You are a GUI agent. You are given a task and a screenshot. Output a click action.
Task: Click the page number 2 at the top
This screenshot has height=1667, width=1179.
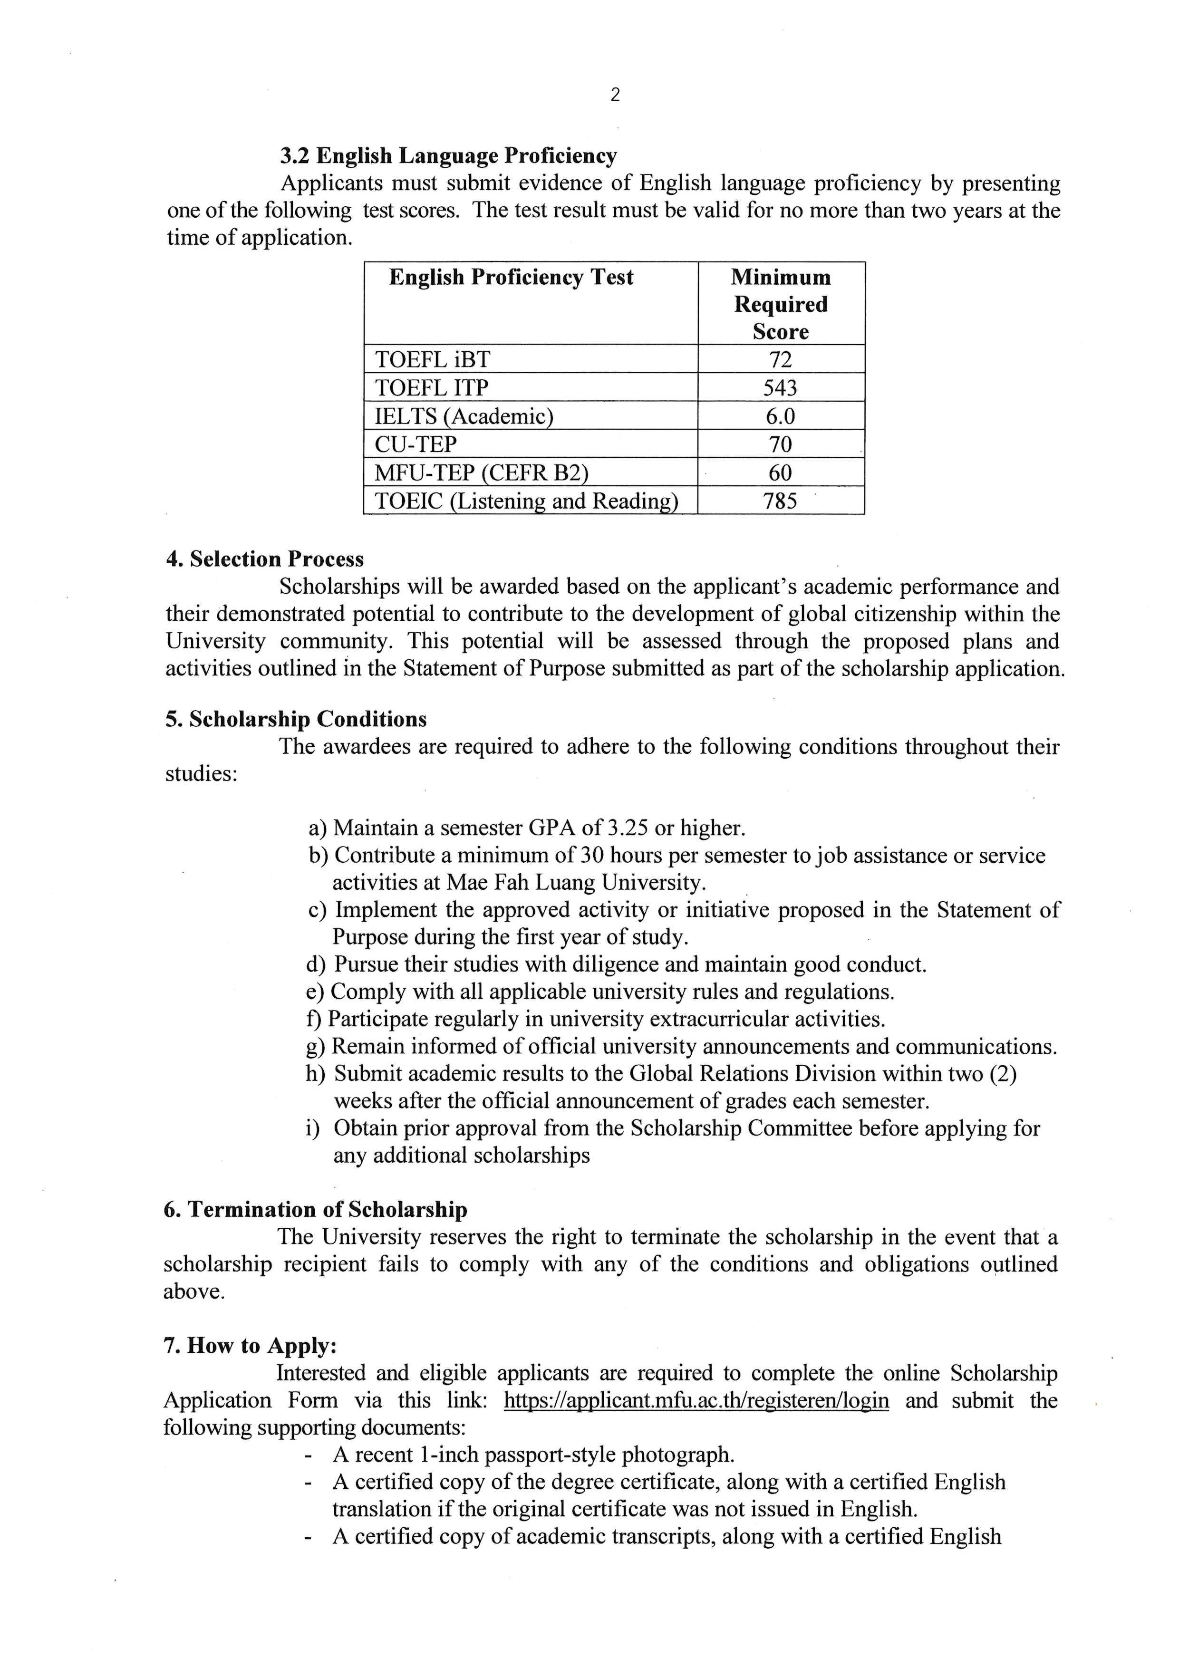click(x=615, y=95)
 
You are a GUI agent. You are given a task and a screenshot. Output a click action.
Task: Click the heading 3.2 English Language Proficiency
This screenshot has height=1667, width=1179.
click(x=449, y=155)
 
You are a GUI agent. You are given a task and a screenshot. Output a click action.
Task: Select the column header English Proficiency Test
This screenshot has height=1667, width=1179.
click(x=511, y=277)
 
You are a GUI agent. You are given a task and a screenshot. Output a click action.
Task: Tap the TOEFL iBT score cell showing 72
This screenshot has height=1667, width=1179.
click(x=781, y=359)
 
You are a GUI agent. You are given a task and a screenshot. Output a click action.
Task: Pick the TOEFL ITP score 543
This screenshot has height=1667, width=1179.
click(x=781, y=388)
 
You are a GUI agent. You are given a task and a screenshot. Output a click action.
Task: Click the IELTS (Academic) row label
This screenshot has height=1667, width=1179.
click(x=463, y=416)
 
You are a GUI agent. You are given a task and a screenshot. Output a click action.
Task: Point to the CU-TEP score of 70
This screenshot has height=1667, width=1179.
click(x=781, y=444)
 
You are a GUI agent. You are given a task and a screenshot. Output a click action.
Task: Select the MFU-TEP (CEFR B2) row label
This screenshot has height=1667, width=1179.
click(x=481, y=472)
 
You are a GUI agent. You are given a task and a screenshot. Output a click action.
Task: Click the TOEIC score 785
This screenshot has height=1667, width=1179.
click(x=781, y=501)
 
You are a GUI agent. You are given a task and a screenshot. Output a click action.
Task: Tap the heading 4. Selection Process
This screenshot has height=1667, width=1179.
click(x=264, y=559)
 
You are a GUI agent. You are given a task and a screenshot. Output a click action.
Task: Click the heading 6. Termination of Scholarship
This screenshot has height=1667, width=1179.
click(x=315, y=1210)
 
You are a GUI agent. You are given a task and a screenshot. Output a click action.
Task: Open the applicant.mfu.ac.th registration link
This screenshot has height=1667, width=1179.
click(x=696, y=1400)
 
